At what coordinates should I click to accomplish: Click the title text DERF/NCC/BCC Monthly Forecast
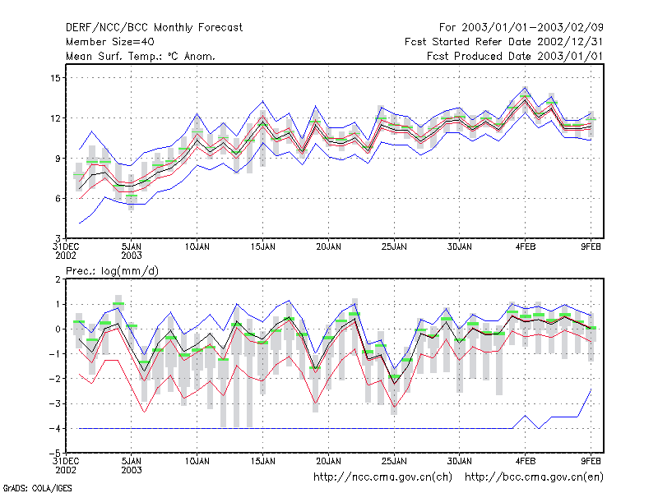[x=154, y=28]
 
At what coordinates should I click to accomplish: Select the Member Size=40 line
[x=110, y=42]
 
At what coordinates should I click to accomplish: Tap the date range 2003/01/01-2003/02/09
[x=532, y=28]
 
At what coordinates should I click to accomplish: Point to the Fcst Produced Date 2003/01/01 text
[x=515, y=56]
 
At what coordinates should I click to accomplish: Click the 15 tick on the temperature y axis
[x=56, y=78]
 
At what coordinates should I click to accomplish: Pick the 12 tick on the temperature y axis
[x=56, y=118]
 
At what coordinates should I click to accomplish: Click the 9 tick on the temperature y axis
[x=58, y=159]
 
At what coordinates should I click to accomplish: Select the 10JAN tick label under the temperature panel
[x=197, y=247]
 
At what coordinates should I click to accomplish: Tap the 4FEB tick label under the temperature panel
[x=526, y=247]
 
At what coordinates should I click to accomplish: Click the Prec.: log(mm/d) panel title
[x=112, y=271]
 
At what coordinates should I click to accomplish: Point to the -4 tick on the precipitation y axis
[x=54, y=429]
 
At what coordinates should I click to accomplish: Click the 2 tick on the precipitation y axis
[x=58, y=279]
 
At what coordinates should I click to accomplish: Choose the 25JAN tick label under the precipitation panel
[x=394, y=461]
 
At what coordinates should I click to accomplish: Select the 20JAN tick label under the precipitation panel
[x=328, y=461]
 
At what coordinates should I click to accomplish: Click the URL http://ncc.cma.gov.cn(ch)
[x=382, y=477]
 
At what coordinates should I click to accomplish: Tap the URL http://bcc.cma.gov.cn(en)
[x=534, y=477]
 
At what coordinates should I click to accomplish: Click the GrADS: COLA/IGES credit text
[x=37, y=488]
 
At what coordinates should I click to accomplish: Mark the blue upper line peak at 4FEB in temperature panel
[x=525, y=87]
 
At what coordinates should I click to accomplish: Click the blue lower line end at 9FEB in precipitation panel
[x=591, y=389]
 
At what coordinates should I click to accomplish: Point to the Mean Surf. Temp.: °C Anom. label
[x=140, y=56]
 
